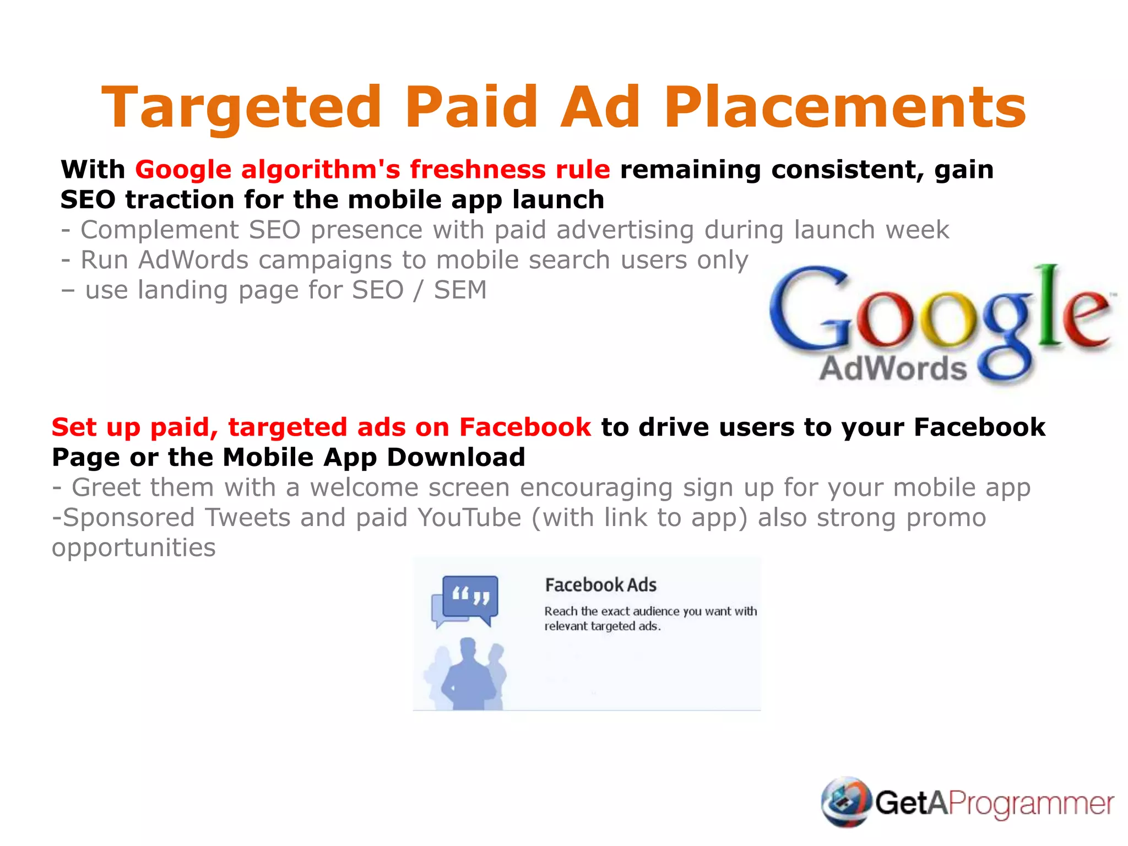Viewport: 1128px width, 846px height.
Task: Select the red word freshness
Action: pos(478,170)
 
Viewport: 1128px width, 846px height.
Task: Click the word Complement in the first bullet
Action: pos(160,230)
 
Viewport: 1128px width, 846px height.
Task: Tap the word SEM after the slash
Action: pos(460,290)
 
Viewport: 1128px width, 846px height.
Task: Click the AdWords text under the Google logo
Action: pos(893,368)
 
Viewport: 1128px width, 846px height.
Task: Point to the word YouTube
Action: pos(469,518)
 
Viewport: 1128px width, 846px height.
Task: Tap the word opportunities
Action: pos(134,548)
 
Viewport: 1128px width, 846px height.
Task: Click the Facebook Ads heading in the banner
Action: pos(600,585)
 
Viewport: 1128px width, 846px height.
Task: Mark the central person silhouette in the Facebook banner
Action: pos(468,675)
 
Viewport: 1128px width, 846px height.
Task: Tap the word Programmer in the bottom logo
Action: pos(1031,804)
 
